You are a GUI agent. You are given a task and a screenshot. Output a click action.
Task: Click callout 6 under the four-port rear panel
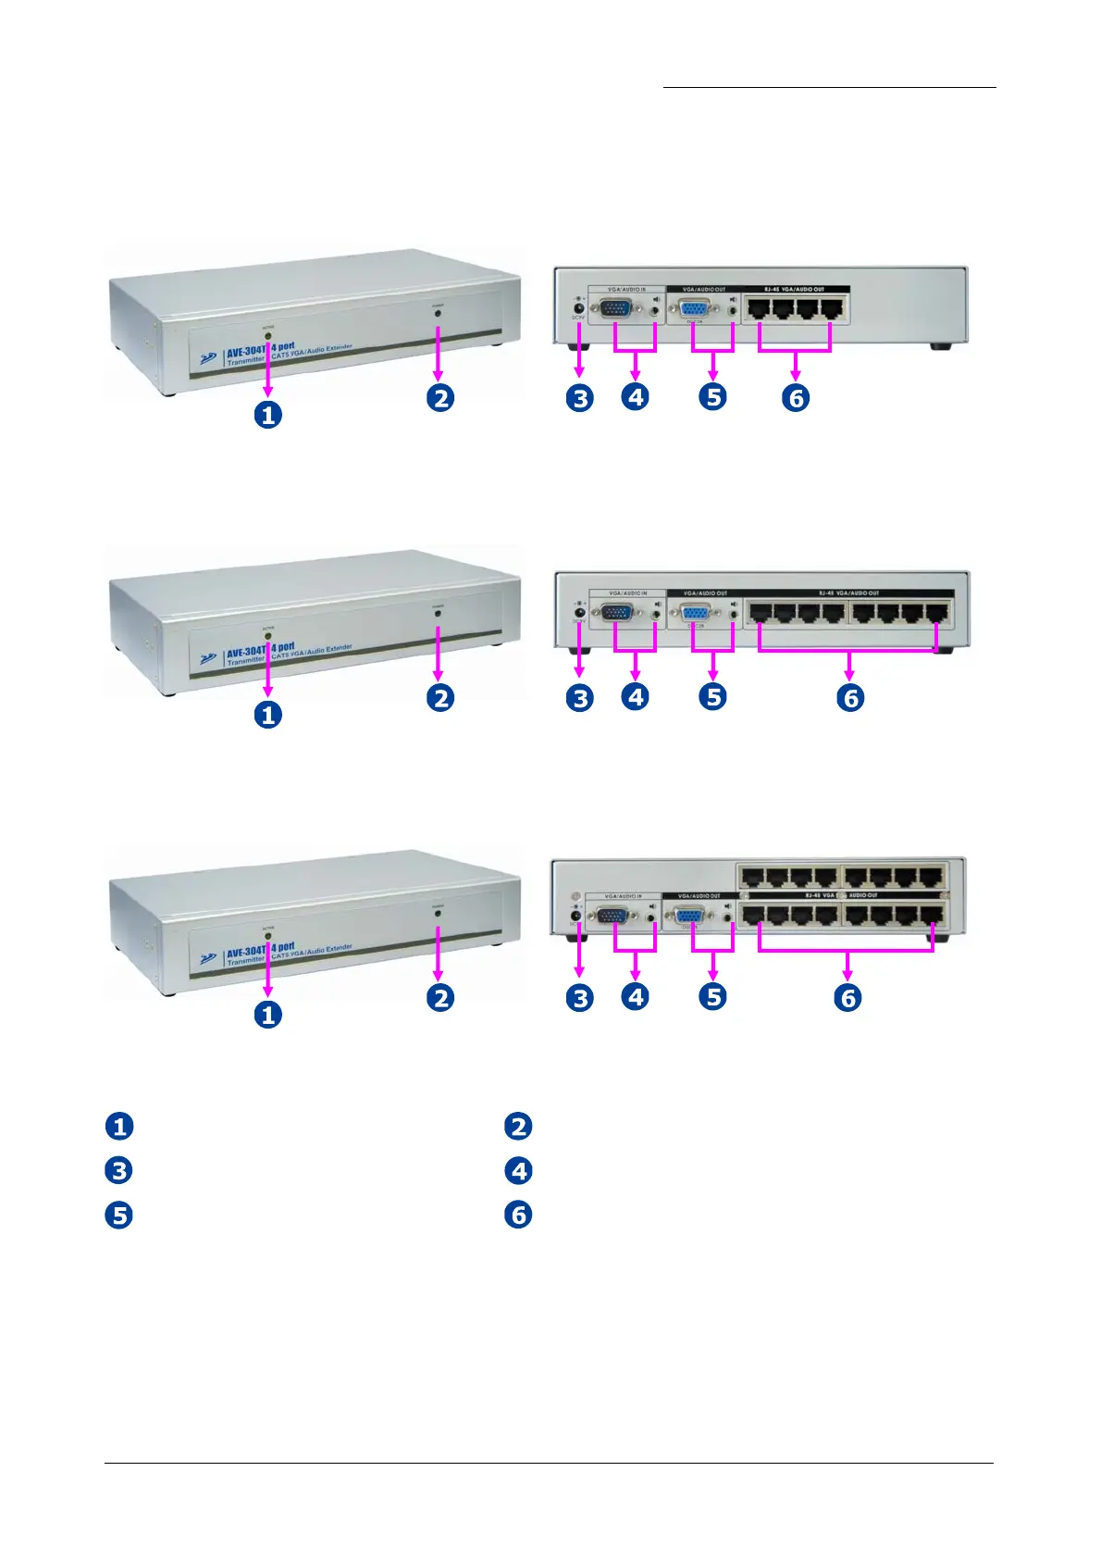[796, 398]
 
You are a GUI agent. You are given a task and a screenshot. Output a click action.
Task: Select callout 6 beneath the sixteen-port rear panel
[847, 998]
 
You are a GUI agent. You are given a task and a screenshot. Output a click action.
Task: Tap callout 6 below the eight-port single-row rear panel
[851, 698]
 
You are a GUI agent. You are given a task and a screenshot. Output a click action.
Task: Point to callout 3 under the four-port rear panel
[580, 398]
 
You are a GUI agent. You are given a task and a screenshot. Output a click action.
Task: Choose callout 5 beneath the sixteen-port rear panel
[712, 997]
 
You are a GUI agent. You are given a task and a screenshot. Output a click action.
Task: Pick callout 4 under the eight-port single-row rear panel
[635, 697]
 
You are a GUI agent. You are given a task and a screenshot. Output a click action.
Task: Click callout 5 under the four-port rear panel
[712, 397]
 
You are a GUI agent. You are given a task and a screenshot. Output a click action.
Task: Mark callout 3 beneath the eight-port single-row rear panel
[580, 698]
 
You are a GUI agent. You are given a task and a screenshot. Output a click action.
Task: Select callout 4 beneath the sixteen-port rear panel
[635, 997]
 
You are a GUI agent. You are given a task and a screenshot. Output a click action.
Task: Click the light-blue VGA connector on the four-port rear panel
[696, 309]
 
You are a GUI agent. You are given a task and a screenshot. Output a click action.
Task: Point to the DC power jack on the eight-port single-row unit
[580, 611]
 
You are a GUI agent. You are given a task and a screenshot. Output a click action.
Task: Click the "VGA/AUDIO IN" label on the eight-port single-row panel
[628, 592]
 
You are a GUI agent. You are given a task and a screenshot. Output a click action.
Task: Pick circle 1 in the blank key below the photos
[119, 1127]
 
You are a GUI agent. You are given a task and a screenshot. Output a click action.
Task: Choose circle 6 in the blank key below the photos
[518, 1215]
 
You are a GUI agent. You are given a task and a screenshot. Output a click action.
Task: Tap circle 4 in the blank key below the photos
[518, 1171]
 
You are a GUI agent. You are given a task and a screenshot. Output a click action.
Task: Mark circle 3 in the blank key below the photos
[119, 1171]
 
